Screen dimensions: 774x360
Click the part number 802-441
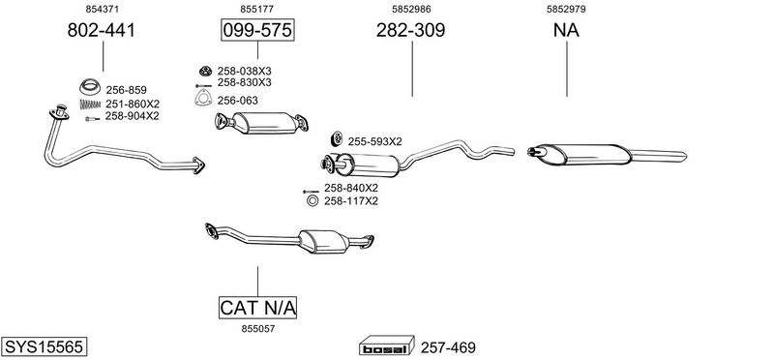[x=101, y=30]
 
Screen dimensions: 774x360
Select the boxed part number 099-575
[x=257, y=30]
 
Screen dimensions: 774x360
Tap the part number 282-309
[x=410, y=30]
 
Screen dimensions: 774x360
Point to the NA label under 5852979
[x=566, y=30]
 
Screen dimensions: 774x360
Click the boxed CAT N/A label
[x=257, y=308]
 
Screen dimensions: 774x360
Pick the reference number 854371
[x=103, y=9]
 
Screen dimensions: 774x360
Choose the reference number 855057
[x=257, y=329]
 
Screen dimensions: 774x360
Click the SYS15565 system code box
[x=44, y=346]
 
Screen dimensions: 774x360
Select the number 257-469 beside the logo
[x=448, y=347]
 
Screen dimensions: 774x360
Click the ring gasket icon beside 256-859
[x=90, y=87]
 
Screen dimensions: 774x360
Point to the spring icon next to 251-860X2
[x=90, y=105]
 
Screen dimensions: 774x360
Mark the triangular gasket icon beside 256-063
[x=202, y=99]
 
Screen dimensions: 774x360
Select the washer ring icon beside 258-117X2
[x=312, y=201]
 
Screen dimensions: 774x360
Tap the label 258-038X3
[x=245, y=71]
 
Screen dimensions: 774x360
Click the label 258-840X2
[x=351, y=188]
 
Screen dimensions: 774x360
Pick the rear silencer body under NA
[x=583, y=154]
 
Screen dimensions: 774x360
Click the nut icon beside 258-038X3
[x=205, y=71]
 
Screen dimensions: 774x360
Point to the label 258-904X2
[x=132, y=116]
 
